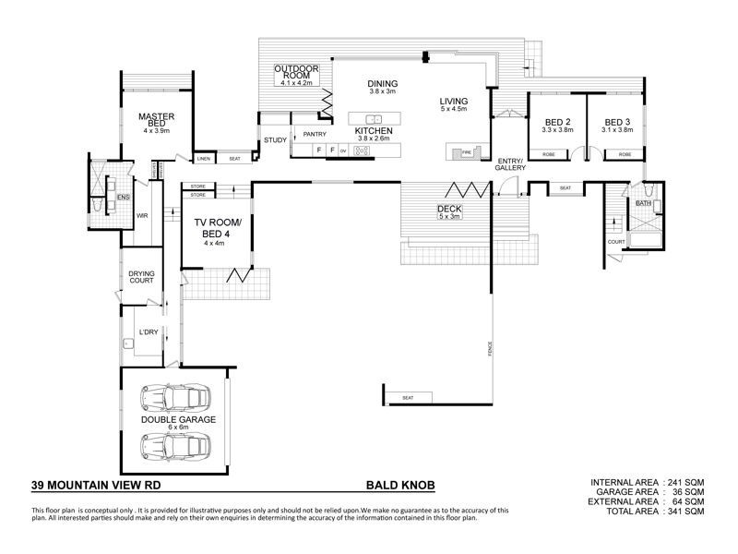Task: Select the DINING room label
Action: pos(382,84)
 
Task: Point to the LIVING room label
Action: pos(454,102)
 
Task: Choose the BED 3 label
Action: pos(617,123)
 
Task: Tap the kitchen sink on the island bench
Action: pos(375,119)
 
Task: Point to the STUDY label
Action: pos(275,140)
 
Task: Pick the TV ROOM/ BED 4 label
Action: pos(216,230)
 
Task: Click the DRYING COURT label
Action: pos(142,279)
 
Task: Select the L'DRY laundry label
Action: pos(148,332)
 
